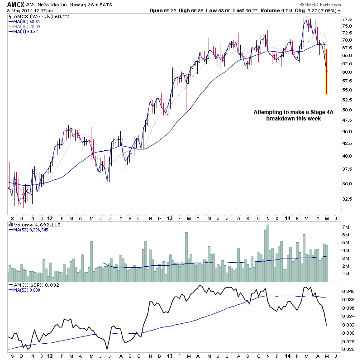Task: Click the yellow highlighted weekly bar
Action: tap(326, 72)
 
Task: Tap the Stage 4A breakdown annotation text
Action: tap(287, 115)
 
